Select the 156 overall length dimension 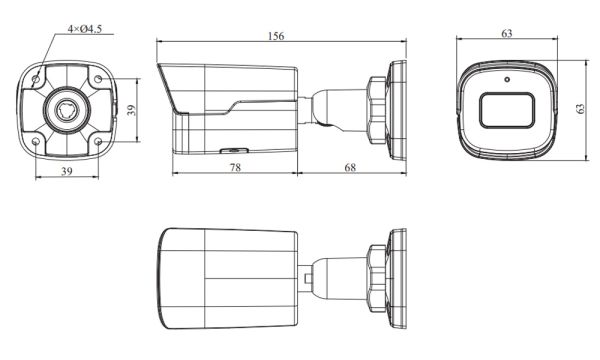pos(276,36)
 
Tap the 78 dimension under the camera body pos(235,167)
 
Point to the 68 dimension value pos(351,167)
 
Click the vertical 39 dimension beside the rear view pos(131,110)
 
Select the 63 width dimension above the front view pos(507,34)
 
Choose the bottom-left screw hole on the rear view pos(36,140)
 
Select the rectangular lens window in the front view pos(507,109)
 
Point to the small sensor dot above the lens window pos(507,78)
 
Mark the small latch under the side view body pos(228,153)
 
